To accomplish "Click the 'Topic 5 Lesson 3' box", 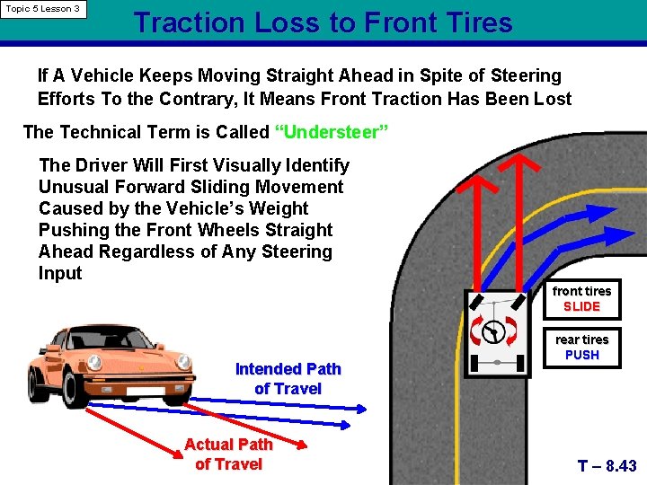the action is (44, 9).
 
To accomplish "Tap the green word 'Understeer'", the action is (332, 133).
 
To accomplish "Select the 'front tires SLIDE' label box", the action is (581, 299).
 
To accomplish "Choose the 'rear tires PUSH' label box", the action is (581, 348).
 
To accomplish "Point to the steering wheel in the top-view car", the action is (492, 332).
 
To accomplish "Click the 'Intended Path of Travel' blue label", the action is (288, 378).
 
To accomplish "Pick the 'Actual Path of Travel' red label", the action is (228, 454).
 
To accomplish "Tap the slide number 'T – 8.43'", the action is (607, 466).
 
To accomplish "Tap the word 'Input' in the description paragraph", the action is (60, 274).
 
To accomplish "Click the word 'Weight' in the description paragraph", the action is (279, 208).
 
